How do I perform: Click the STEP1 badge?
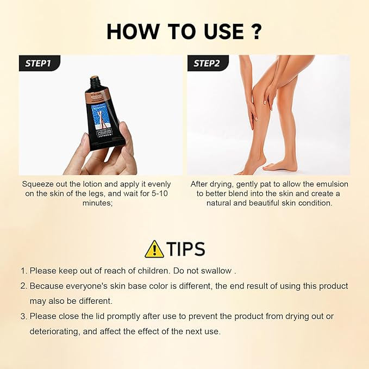(x=38, y=63)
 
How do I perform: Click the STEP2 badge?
(x=207, y=63)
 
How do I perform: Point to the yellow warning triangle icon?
(x=154, y=249)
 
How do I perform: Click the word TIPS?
(x=186, y=249)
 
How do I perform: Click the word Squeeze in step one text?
(x=39, y=184)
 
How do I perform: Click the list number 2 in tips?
(x=23, y=285)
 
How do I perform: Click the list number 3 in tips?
(x=23, y=316)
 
